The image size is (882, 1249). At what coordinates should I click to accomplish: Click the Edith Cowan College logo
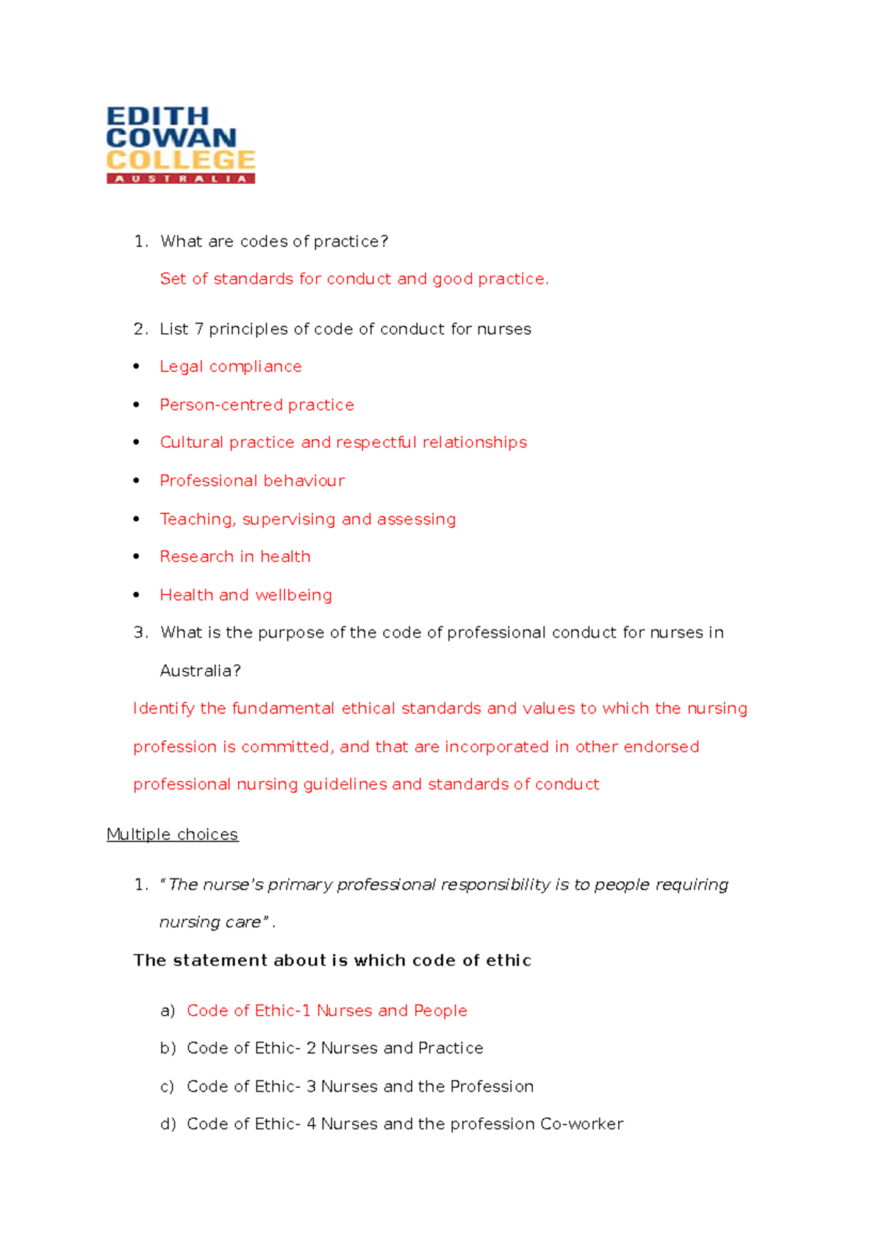(x=180, y=145)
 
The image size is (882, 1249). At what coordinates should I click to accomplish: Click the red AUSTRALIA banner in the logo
(x=180, y=179)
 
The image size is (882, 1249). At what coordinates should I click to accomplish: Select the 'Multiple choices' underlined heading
(x=172, y=834)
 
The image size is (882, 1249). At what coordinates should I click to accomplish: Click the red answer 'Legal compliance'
(x=231, y=366)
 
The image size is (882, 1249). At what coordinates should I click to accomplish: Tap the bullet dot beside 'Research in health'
(x=137, y=557)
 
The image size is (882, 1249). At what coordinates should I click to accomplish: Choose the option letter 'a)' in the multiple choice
(x=168, y=1011)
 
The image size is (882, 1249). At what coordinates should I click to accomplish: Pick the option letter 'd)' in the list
(x=168, y=1124)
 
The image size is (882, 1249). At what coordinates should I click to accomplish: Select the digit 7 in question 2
(x=198, y=329)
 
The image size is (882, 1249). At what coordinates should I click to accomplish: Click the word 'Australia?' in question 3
(x=200, y=671)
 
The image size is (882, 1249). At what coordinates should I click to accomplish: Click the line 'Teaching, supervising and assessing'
(x=308, y=519)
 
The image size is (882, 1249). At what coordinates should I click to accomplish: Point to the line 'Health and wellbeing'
(x=245, y=595)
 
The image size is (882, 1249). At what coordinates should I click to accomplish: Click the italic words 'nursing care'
(x=210, y=922)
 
